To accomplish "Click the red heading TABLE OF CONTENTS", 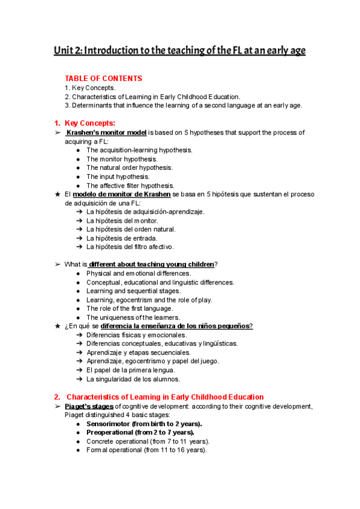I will click(x=103, y=79).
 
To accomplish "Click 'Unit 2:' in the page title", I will click(x=67, y=51).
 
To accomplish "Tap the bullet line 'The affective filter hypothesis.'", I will click(x=130, y=185).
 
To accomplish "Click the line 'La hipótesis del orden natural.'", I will click(x=131, y=229).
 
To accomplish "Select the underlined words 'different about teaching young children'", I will click(x=151, y=264).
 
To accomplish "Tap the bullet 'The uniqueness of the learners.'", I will click(x=133, y=318).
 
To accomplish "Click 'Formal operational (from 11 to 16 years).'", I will click(x=147, y=450).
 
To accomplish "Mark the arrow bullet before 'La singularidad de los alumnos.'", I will click(x=80, y=379).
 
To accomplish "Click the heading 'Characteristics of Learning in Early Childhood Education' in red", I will click(x=165, y=397).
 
